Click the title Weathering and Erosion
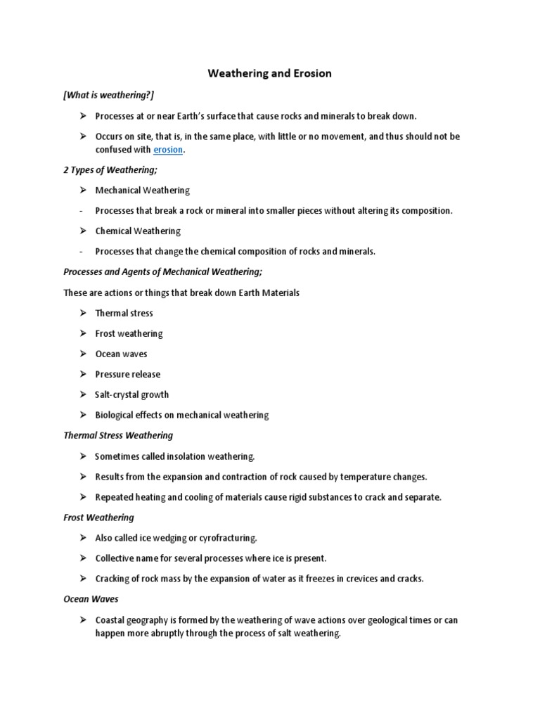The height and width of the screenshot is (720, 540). click(x=269, y=73)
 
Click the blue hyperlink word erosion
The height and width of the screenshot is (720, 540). click(x=167, y=150)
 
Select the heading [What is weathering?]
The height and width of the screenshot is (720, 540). click(x=108, y=95)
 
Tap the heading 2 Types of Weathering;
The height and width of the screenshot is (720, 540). click(x=110, y=170)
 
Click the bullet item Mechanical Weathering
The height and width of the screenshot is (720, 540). click(x=142, y=191)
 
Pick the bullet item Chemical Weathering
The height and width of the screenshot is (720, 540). click(x=138, y=231)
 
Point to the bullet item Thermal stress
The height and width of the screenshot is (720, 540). click(x=124, y=314)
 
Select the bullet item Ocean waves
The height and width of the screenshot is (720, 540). click(x=121, y=354)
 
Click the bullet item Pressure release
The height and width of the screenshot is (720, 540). click(x=127, y=375)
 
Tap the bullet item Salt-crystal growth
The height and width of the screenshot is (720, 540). click(x=131, y=395)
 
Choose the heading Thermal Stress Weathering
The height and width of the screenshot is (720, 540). click(x=118, y=436)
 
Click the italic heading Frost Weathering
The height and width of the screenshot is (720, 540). click(x=98, y=518)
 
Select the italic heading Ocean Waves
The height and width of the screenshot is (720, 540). click(x=91, y=600)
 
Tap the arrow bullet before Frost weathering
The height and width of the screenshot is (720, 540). click(x=82, y=334)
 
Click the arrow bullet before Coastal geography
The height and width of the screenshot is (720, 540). click(x=82, y=620)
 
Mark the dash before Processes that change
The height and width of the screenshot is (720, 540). click(x=82, y=252)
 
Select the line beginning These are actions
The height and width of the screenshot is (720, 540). click(x=181, y=292)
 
